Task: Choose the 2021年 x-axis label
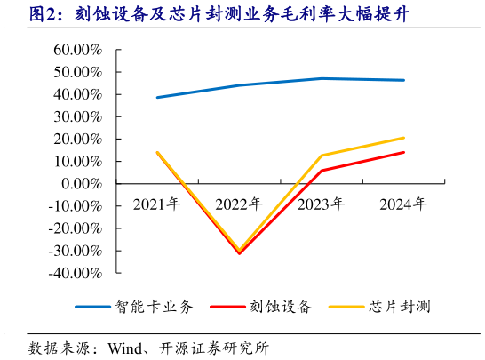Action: pos(157,204)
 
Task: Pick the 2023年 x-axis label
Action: pos(322,204)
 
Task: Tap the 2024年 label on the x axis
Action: pos(403,204)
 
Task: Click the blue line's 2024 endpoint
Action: pos(404,80)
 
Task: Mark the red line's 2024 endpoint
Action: pos(404,152)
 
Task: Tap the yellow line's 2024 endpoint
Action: pos(404,138)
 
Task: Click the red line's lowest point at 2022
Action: pos(239,253)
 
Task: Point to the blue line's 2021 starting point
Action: pos(157,97)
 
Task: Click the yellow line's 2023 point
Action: pos(322,156)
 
